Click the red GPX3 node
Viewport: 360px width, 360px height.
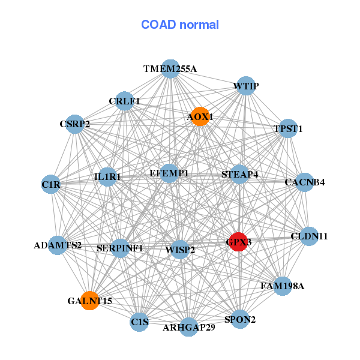(x=239, y=242)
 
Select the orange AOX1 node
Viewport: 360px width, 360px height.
(x=200, y=116)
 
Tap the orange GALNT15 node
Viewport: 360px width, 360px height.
(x=89, y=301)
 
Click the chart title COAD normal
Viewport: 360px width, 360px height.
(x=180, y=25)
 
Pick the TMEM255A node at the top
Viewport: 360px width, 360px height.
(x=170, y=69)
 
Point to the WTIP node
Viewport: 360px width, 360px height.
(x=245, y=86)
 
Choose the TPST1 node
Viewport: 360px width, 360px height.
(x=288, y=128)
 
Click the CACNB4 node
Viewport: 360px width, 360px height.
(x=304, y=182)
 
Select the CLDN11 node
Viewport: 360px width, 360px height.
(x=309, y=236)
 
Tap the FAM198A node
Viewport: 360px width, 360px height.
(x=282, y=286)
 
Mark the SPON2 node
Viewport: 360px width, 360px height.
(x=240, y=319)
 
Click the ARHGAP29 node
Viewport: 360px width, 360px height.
(x=189, y=327)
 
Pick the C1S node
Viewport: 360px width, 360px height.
(x=139, y=322)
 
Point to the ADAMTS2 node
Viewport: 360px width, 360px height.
(x=58, y=245)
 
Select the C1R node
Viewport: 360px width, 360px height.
(x=51, y=185)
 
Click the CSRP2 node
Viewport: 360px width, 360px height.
(x=74, y=124)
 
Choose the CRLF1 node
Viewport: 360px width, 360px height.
(x=124, y=101)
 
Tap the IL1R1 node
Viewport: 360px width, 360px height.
(x=107, y=177)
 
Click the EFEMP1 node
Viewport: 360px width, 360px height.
(x=169, y=173)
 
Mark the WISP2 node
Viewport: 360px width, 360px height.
(x=180, y=250)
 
